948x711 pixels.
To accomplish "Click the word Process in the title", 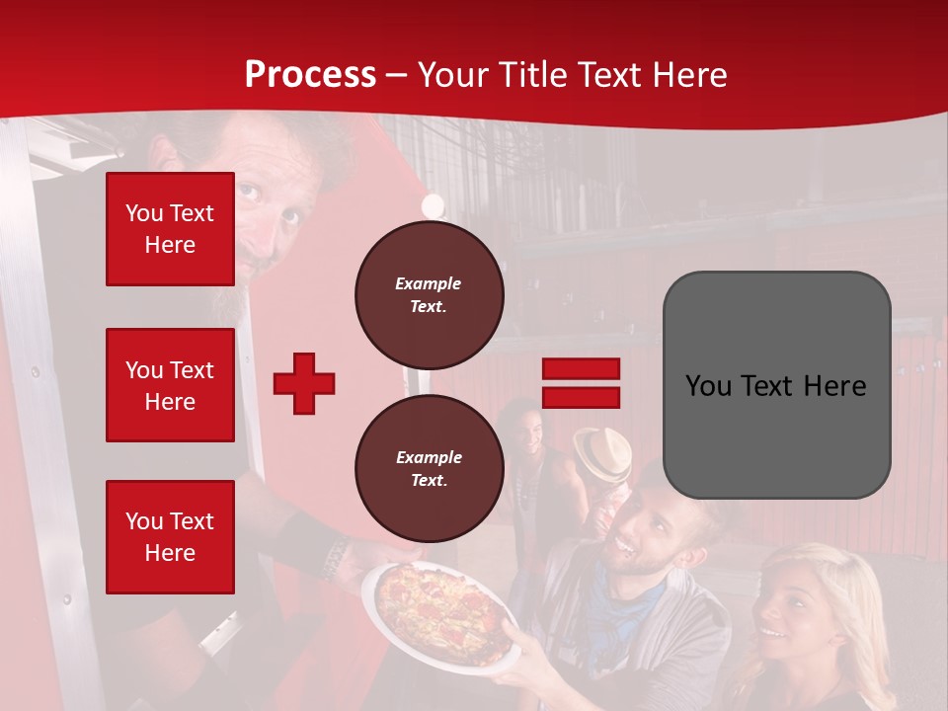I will click(310, 75).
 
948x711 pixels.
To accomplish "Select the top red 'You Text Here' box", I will click(170, 229).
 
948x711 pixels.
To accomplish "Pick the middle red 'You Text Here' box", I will click(170, 385).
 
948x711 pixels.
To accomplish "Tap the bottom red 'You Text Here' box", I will click(170, 536).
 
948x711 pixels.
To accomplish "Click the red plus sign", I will click(304, 383).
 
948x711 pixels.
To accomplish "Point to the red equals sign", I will click(581, 383).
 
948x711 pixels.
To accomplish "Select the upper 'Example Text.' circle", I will click(429, 294).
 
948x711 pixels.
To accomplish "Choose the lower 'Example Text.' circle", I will click(429, 468).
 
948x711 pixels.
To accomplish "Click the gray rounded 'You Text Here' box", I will click(776, 385).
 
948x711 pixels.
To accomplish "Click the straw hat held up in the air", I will click(603, 453).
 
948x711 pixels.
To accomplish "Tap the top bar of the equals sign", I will click(581, 369).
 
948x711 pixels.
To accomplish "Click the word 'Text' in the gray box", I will click(775, 385).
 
